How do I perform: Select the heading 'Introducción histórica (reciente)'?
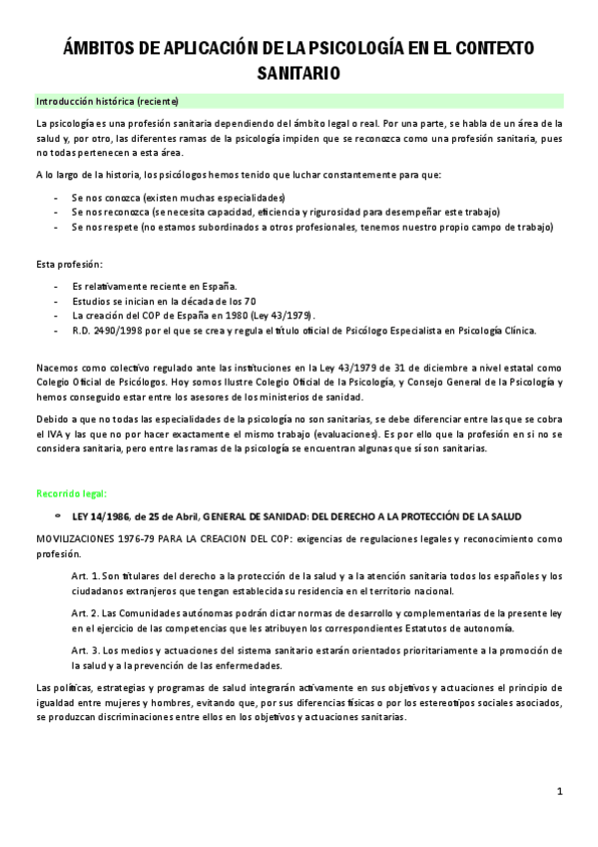(107, 102)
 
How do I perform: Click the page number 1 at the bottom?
(561, 792)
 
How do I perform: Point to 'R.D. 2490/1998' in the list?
(106, 331)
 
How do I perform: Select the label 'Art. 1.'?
(87, 576)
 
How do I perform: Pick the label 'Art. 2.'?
(87, 612)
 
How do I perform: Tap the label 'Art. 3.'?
(87, 649)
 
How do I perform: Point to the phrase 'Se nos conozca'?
(105, 197)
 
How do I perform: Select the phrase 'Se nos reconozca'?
(109, 212)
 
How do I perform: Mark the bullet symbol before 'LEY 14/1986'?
(58, 515)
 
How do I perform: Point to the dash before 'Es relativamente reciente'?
(55, 286)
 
